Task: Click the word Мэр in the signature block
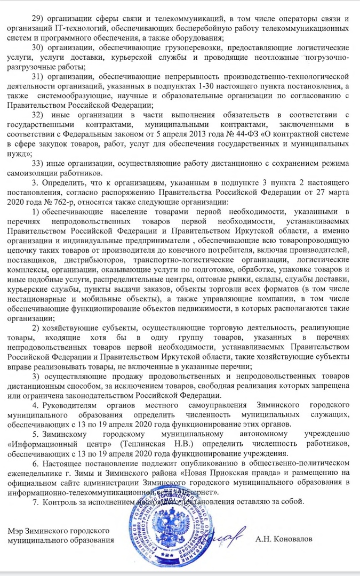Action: click(x=17, y=532)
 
